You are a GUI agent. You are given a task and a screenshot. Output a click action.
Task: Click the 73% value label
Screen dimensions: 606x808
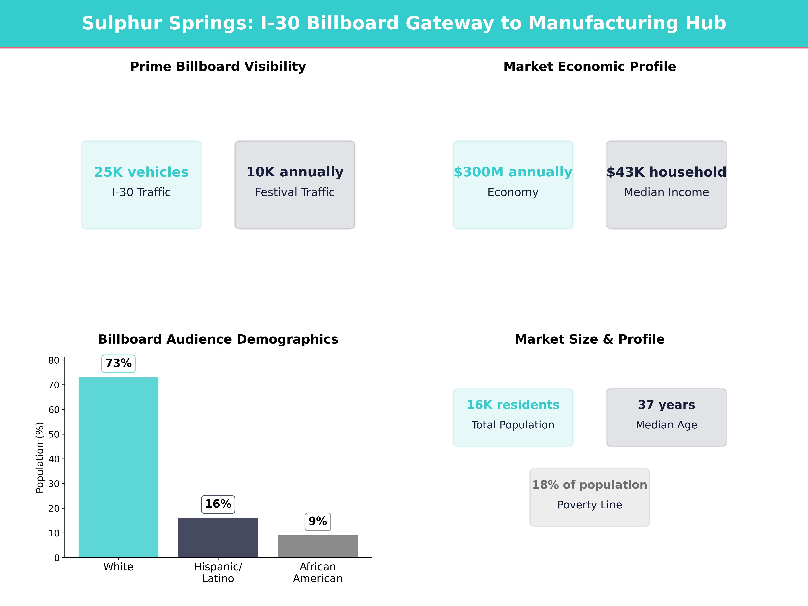(118, 363)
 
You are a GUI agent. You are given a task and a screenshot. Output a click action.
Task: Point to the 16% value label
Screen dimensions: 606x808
(218, 504)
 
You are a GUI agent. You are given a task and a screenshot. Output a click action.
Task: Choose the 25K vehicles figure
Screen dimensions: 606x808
(141, 172)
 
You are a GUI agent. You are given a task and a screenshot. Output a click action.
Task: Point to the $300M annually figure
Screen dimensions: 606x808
(513, 172)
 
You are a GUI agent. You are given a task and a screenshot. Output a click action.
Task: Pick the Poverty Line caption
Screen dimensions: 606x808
(590, 505)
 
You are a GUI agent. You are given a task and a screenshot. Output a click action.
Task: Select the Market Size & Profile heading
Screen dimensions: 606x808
(590, 339)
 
